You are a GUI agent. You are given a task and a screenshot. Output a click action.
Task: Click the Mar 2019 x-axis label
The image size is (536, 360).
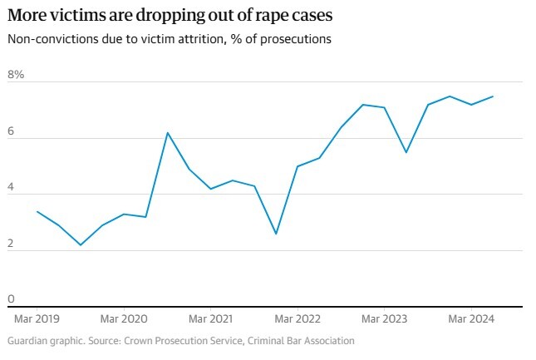pos(37,318)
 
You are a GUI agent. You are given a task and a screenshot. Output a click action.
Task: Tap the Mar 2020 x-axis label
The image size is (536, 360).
pos(124,318)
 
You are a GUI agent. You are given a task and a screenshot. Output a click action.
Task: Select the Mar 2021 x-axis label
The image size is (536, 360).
pos(210,318)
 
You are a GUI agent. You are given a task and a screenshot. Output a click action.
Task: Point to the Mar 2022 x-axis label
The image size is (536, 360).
pos(298,318)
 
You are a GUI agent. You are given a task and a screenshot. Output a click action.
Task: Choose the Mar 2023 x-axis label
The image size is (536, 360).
pos(384,318)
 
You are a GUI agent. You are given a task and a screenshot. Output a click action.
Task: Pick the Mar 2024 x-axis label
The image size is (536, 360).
pos(471,318)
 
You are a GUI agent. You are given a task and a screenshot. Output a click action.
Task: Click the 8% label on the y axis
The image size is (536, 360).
pos(17,75)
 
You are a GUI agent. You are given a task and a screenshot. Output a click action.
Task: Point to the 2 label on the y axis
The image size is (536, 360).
pos(12,243)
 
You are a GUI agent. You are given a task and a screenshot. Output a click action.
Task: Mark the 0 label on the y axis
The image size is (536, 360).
pos(12,298)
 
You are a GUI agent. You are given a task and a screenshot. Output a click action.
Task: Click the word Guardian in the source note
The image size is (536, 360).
pos(28,341)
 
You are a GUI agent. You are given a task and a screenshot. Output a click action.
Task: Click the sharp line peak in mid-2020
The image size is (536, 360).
pos(167,133)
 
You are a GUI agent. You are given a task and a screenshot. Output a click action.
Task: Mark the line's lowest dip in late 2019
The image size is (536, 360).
pos(81,244)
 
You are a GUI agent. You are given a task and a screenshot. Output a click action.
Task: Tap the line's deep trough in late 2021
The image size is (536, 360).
pos(275,234)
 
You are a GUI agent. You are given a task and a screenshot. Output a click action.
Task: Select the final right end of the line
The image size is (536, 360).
pos(493,96)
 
